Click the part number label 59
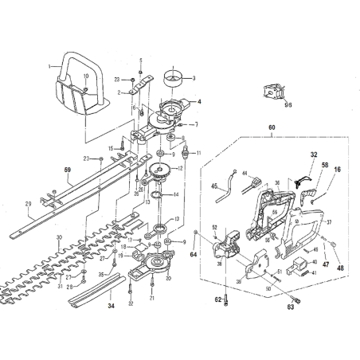click(x=68, y=170)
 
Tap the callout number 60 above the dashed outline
click(x=272, y=128)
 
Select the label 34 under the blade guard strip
click(x=111, y=306)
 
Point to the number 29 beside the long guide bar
click(x=28, y=204)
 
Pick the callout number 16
click(x=337, y=170)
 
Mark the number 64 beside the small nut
click(x=193, y=255)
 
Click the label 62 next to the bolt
click(x=217, y=300)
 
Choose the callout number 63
click(x=290, y=305)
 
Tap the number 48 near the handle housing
click(x=341, y=268)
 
